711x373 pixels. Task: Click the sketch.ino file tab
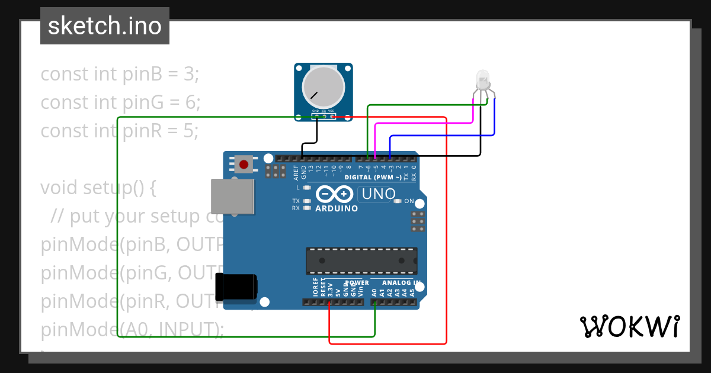(104, 26)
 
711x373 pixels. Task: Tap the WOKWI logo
(629, 326)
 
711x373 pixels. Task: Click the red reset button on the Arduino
(243, 164)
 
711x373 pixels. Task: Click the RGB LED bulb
(483, 80)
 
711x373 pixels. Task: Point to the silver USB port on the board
(233, 197)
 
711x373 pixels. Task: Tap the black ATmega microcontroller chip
(361, 261)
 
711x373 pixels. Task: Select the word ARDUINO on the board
(337, 209)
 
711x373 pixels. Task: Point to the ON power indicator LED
(398, 201)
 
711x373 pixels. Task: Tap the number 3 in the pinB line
(189, 75)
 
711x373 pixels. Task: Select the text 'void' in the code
(59, 188)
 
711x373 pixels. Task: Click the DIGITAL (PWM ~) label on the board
(373, 177)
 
